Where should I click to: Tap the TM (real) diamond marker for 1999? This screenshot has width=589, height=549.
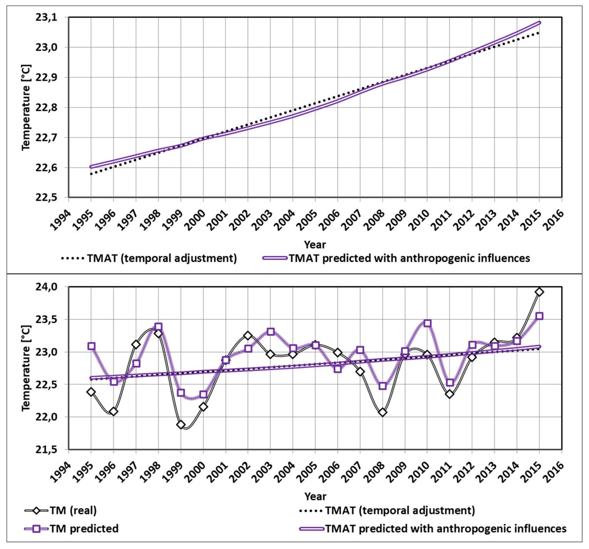(x=181, y=424)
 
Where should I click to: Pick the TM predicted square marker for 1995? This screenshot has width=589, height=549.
(x=91, y=346)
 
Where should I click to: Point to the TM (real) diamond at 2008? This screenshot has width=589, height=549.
(x=383, y=412)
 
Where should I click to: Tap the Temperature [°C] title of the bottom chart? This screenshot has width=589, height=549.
(x=26, y=368)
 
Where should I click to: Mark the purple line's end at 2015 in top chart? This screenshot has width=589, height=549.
(x=539, y=23)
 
